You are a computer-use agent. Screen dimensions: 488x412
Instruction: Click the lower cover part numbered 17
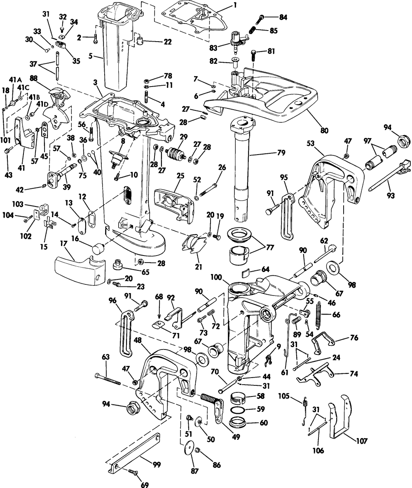pyautogui.click(x=78, y=270)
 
